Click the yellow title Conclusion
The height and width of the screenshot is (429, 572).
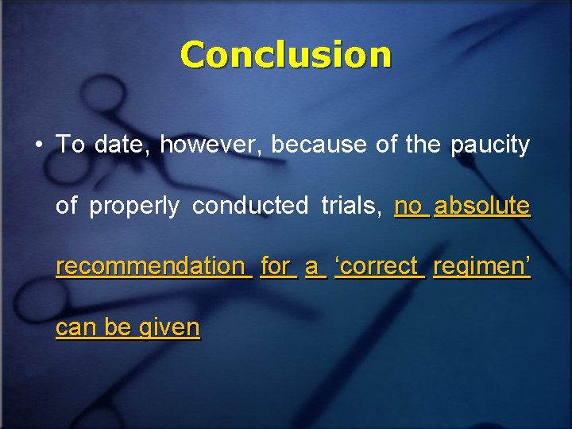[286, 55]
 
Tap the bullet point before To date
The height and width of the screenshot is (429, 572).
[38, 145]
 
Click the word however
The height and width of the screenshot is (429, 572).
[211, 145]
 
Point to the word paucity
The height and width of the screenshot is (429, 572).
[490, 145]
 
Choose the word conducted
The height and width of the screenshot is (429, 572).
[250, 206]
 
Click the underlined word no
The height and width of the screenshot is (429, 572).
[409, 206]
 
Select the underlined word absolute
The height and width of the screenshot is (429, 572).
[482, 206]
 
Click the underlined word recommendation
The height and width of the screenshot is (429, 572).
[151, 266]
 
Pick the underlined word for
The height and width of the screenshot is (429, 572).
[276, 266]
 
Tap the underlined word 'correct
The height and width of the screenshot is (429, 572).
[379, 266]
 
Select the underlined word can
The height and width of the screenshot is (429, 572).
[73, 327]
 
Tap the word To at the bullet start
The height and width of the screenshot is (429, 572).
[71, 145]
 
